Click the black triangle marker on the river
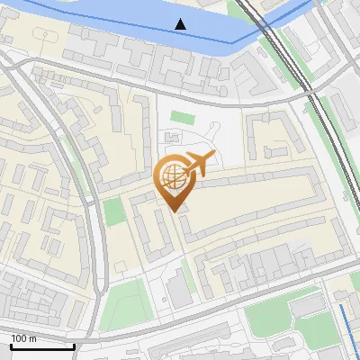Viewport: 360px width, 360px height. [182, 23]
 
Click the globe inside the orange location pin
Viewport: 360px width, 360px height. [171, 177]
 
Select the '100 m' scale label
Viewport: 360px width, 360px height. [24, 339]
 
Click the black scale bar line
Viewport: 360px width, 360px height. [42, 347]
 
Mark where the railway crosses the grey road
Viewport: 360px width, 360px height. [304, 88]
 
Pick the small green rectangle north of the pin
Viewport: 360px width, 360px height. [183, 118]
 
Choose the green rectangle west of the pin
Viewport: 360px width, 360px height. [113, 212]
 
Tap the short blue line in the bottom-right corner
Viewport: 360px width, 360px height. [346, 329]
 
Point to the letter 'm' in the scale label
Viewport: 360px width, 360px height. [33, 339]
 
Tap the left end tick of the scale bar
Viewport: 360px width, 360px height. [11, 346]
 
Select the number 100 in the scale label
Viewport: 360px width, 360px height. [20, 339]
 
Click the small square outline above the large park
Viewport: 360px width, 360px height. [119, 266]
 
